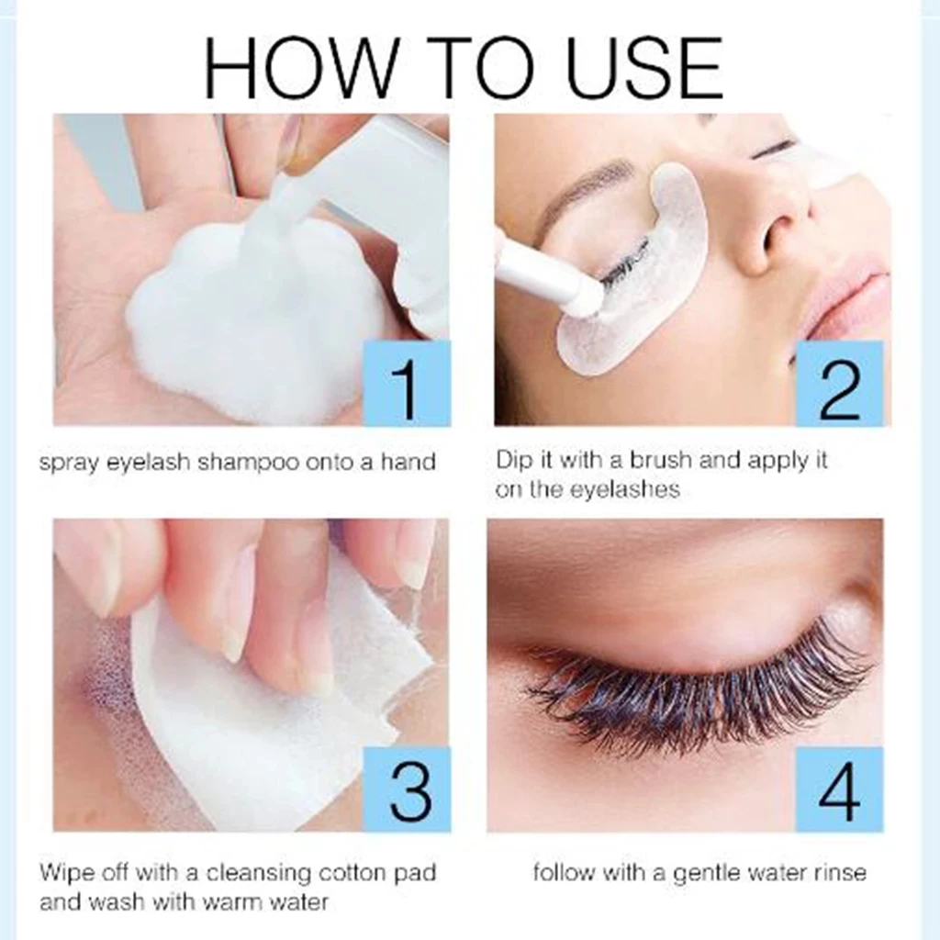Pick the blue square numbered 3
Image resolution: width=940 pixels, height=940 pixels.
pyautogui.click(x=407, y=789)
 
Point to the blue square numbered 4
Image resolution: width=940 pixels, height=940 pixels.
pyautogui.click(x=839, y=789)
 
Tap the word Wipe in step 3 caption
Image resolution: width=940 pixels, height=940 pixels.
pyautogui.click(x=64, y=873)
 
